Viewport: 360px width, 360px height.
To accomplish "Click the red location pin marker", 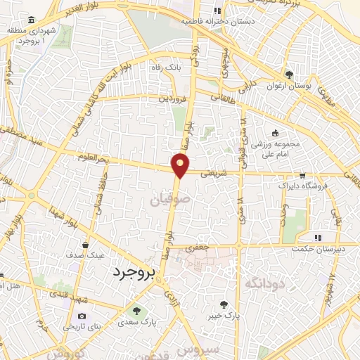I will point(181,165).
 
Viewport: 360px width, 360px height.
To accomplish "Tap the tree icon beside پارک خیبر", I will point(224,305).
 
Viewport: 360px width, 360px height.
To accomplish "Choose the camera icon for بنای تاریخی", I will point(82,316).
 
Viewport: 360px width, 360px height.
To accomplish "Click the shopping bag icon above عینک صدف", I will point(85,245).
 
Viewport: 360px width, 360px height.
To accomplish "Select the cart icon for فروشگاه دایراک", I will point(302,175).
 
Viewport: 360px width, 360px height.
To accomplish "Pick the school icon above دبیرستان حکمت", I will point(317,238).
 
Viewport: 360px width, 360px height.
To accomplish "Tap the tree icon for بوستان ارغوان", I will point(289,75).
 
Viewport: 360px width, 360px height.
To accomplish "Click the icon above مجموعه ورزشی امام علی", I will point(274,134).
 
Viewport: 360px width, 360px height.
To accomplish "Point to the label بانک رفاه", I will point(168,67).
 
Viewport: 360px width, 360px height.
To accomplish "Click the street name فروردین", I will point(172,100).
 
